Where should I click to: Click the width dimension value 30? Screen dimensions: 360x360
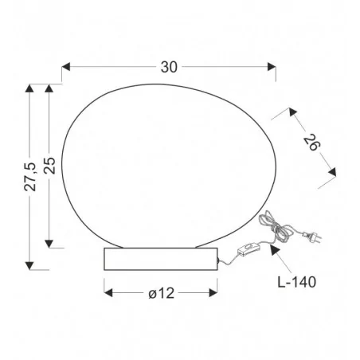(x=169, y=67)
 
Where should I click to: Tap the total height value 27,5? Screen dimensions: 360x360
(x=29, y=177)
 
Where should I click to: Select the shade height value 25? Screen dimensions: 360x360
(x=49, y=166)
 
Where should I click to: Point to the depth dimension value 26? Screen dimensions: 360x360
(x=312, y=143)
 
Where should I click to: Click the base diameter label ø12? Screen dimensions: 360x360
(x=162, y=293)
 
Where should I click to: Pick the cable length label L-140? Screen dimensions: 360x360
(x=297, y=282)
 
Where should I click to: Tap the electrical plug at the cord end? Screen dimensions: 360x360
(x=312, y=236)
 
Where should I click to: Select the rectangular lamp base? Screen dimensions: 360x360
(x=161, y=259)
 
